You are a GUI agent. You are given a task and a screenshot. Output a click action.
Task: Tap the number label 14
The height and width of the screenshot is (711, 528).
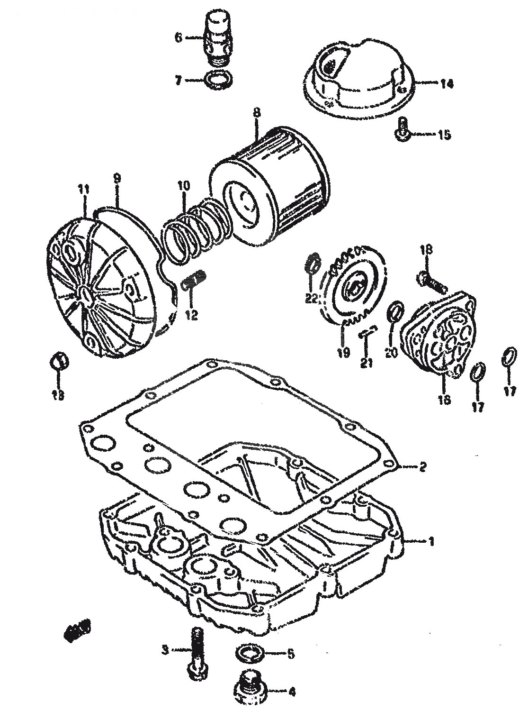(446, 84)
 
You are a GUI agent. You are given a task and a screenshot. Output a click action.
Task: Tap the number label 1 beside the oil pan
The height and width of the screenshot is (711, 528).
(431, 540)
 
